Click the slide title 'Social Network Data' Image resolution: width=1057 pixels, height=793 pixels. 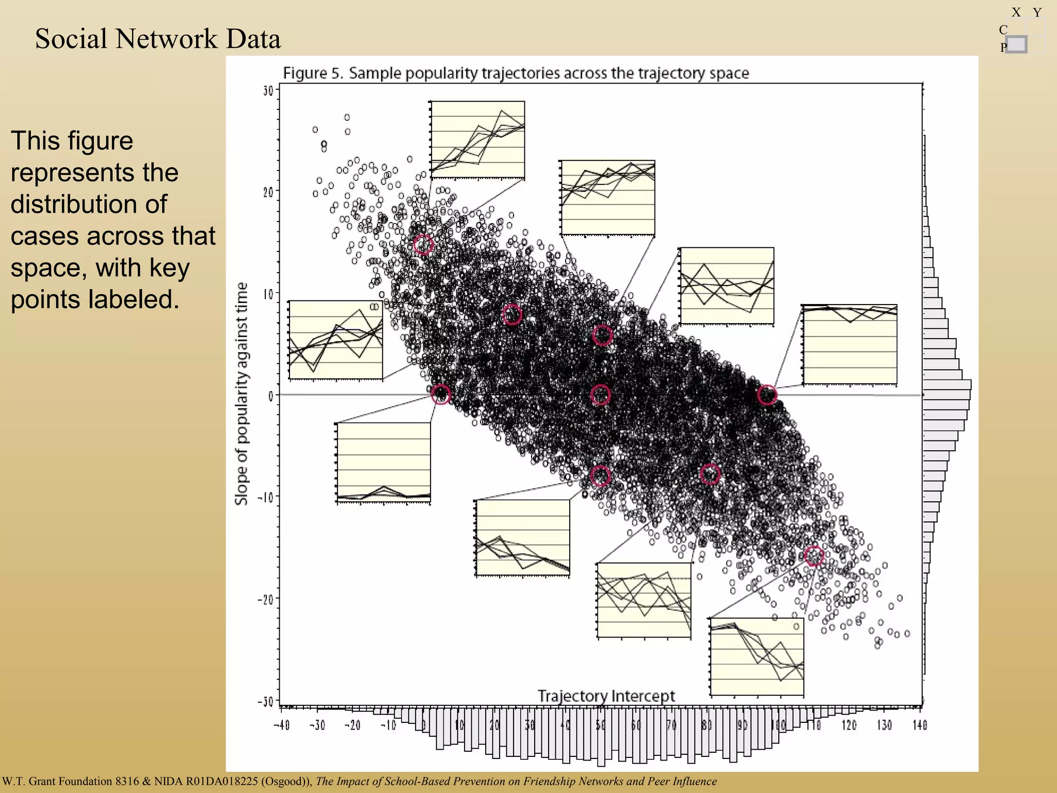[157, 39]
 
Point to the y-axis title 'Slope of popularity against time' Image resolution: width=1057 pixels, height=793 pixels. [242, 393]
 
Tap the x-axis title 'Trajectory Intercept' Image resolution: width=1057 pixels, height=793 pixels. [606, 696]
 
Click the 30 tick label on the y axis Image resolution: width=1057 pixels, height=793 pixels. [268, 91]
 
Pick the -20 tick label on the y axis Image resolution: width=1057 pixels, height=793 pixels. [266, 599]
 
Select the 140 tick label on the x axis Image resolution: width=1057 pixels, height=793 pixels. [920, 725]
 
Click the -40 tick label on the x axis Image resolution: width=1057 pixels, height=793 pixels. [281, 725]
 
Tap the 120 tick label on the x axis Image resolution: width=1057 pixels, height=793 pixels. [849, 725]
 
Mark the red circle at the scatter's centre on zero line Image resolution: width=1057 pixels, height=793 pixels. [600, 395]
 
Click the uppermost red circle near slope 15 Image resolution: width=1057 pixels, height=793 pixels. [423, 245]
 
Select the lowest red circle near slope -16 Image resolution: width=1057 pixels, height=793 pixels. [813, 556]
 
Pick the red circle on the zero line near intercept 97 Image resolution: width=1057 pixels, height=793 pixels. [767, 395]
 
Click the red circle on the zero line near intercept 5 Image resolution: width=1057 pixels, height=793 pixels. [441, 394]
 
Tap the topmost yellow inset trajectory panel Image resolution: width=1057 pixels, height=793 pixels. [478, 140]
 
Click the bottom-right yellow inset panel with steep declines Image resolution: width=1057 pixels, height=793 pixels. [757, 657]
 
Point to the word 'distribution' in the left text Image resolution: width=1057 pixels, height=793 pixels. [88, 204]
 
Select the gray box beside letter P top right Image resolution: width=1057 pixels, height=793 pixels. [1016, 45]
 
